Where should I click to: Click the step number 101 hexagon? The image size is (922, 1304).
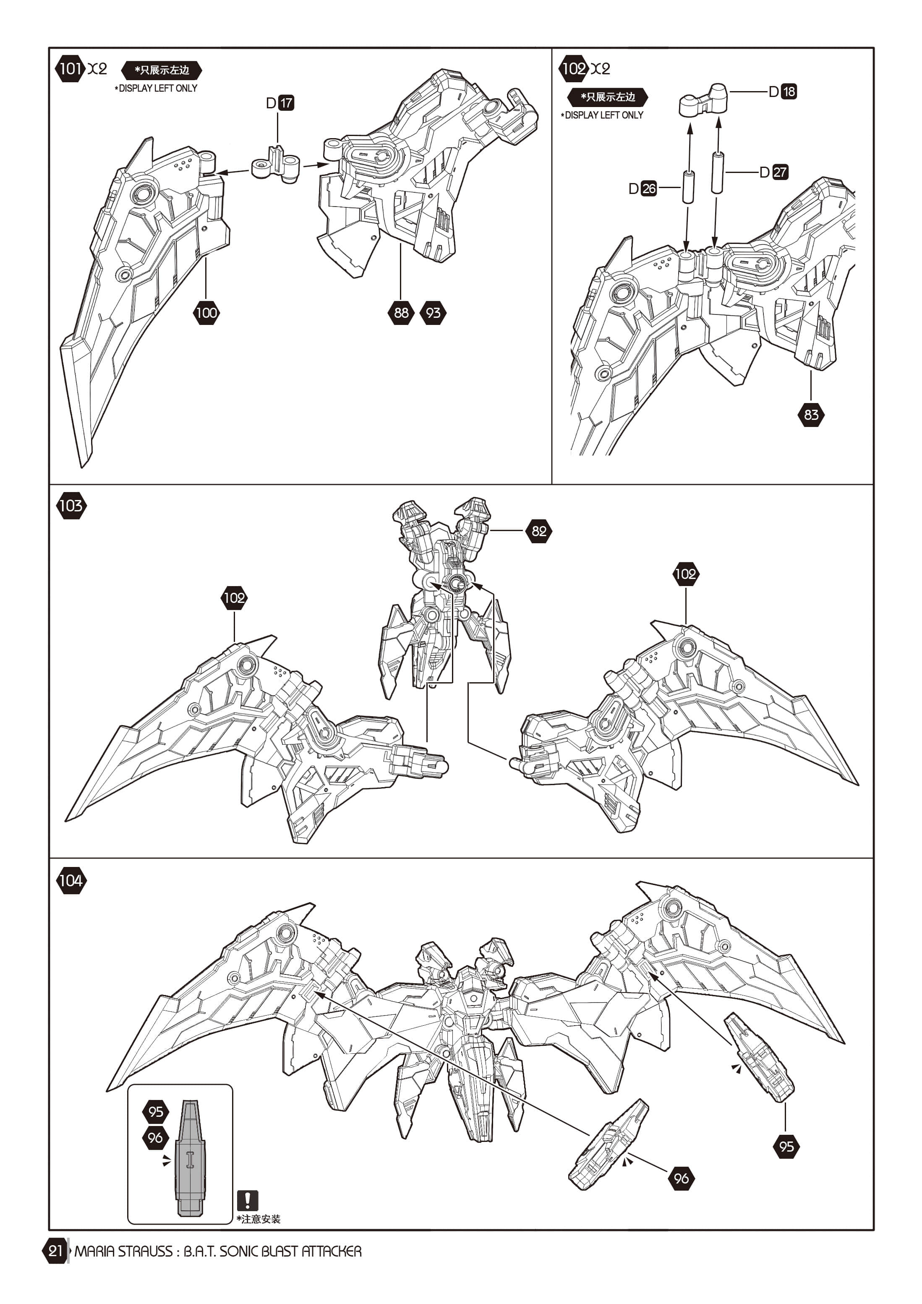(x=70, y=69)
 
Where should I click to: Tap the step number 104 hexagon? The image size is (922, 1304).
(x=71, y=880)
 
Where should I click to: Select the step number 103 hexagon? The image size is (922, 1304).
(x=71, y=505)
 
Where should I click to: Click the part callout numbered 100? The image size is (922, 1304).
(x=206, y=312)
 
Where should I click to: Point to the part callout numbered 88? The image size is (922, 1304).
(x=401, y=312)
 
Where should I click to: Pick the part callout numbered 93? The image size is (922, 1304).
(x=433, y=312)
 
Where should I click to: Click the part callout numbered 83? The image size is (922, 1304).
(x=811, y=415)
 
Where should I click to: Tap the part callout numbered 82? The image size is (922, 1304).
(x=539, y=531)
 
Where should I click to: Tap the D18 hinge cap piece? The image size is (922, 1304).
(x=703, y=101)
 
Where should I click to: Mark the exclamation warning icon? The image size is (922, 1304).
(x=248, y=1201)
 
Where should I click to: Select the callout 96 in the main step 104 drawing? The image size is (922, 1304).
(x=681, y=1178)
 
